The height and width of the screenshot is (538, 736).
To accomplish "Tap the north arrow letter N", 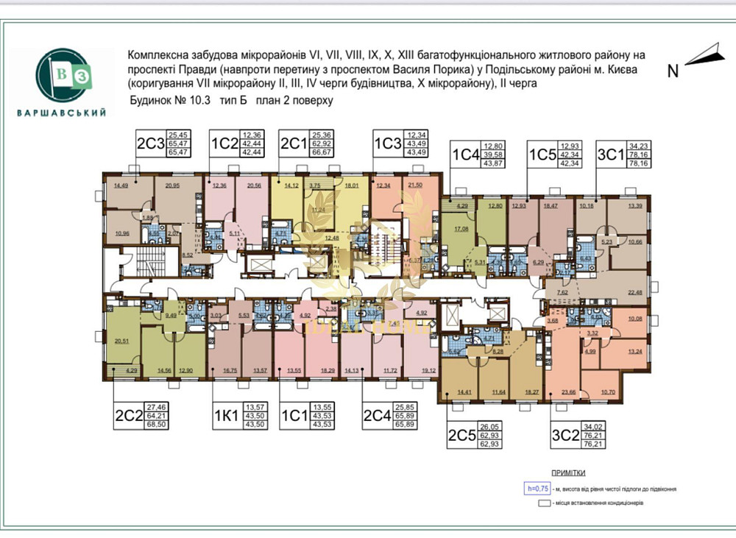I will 672,71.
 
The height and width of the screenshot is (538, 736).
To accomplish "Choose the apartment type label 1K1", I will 225,416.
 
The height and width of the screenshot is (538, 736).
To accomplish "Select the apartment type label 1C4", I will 465,155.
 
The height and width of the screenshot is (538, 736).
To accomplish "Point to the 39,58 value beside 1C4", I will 492,155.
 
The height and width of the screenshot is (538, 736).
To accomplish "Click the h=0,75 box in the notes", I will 537,487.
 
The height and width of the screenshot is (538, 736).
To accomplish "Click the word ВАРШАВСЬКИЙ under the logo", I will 61,113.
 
